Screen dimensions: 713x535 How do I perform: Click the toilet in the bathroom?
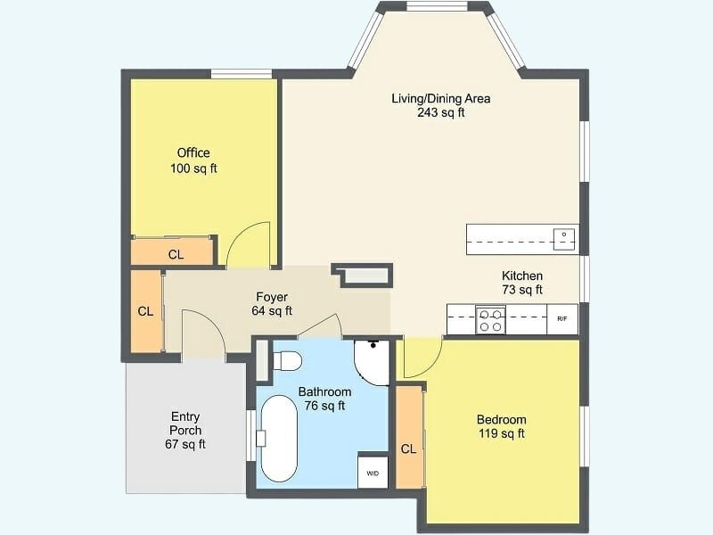pos(287,361)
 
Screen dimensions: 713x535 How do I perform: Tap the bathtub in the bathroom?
pos(279,439)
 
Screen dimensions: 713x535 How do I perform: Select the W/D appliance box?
pos(373,473)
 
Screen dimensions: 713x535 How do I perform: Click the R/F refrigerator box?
pos(562,319)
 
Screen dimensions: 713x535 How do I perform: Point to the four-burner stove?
pos(491,320)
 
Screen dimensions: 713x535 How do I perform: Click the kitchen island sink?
pos(564,239)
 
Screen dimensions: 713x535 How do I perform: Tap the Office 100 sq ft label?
pos(193,160)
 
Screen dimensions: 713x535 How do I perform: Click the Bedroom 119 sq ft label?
pos(502,426)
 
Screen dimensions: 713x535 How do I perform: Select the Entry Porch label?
pos(185,430)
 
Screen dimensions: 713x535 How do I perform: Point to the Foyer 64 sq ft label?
pos(272,304)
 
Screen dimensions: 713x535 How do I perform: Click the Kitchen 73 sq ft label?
pos(522,283)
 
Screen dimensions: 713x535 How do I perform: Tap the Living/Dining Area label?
pos(441,105)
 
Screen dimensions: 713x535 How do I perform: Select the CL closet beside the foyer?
pos(146,311)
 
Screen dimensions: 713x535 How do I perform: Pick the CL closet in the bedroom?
pos(409,437)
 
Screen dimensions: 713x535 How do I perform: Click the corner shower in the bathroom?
pos(372,362)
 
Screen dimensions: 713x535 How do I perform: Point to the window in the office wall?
pos(242,74)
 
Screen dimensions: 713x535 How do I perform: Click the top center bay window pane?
pos(437,6)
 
